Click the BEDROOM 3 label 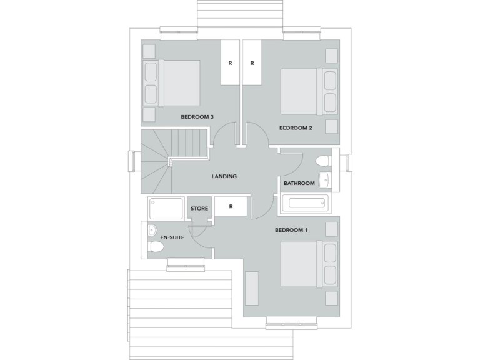coord(197,117)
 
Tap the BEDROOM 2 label coord(296,128)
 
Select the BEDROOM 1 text coord(291,231)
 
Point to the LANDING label coord(224,176)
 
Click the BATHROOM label coord(299,183)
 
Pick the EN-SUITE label coord(172,238)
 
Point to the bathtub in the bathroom coord(305,204)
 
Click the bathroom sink coord(324,180)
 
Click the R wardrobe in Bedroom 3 coord(230,62)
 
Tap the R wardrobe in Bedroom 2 coord(252,62)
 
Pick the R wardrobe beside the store coord(231,207)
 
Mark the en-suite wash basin coord(152,230)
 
